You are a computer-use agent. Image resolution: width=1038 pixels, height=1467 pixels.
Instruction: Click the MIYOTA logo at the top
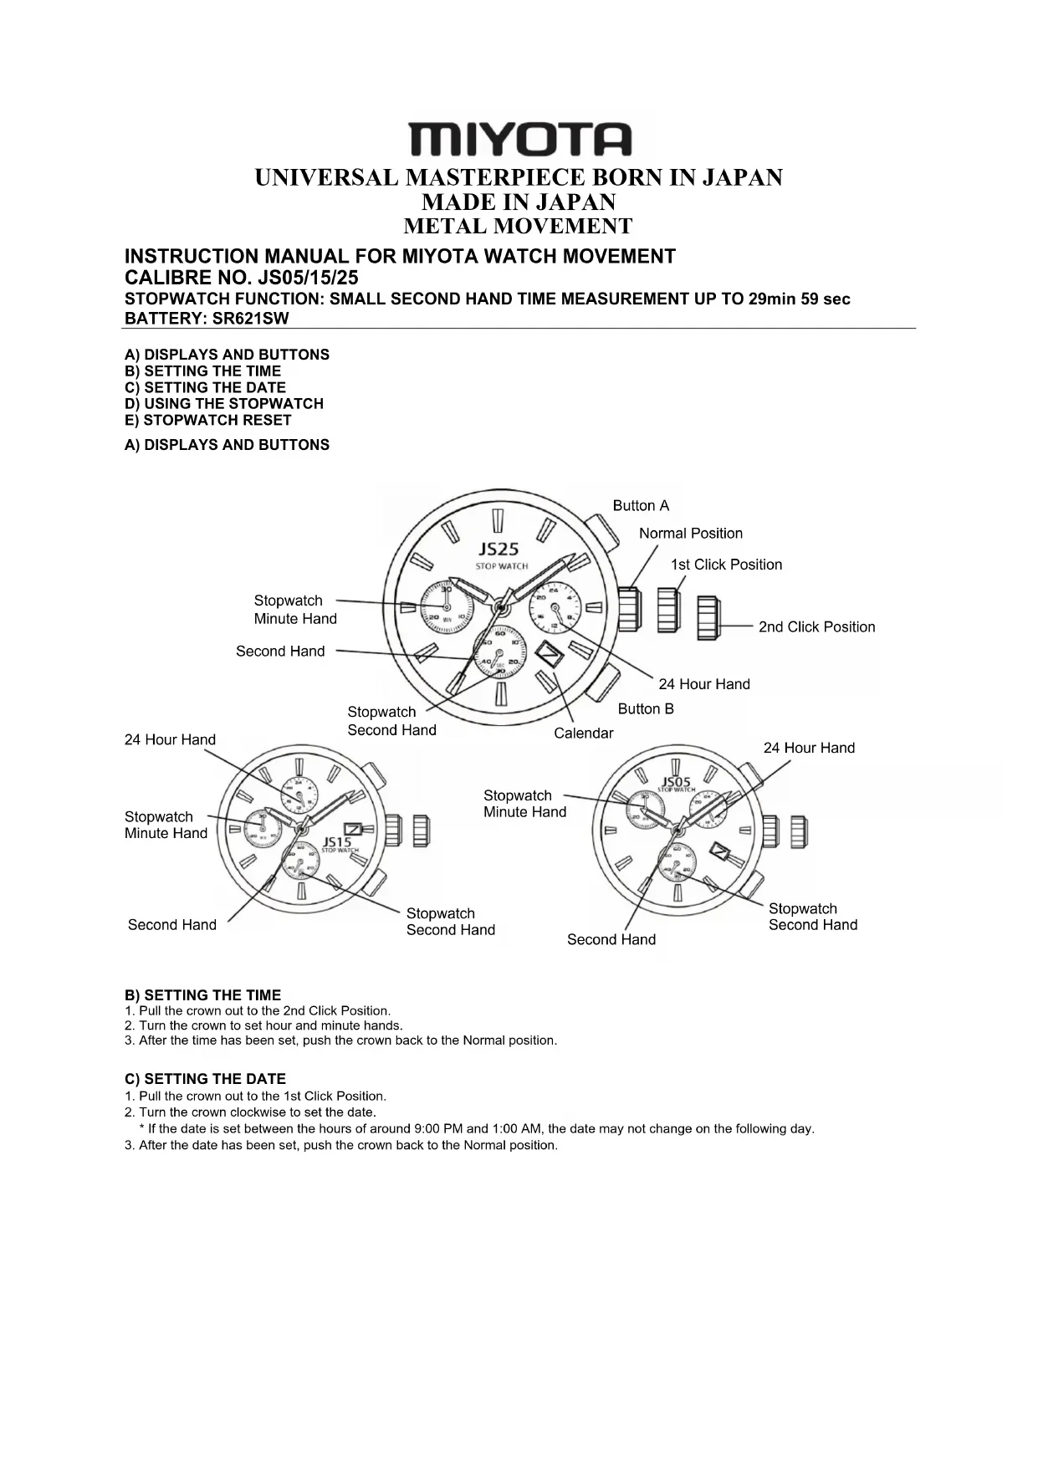(x=519, y=139)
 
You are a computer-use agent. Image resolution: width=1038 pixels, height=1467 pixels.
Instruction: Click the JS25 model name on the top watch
(x=499, y=549)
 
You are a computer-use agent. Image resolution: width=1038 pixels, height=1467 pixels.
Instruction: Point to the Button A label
(x=641, y=505)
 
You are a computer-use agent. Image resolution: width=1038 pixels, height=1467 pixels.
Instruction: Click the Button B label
(x=646, y=708)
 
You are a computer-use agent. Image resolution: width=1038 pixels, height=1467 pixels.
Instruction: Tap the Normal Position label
(x=690, y=534)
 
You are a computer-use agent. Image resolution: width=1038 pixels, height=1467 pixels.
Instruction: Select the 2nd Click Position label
(x=816, y=626)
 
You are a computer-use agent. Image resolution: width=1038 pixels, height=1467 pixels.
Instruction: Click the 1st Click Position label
(x=726, y=565)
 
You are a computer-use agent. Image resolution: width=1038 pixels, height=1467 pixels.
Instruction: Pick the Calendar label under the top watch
(x=583, y=733)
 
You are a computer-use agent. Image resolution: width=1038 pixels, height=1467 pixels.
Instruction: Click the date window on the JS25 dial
(x=550, y=654)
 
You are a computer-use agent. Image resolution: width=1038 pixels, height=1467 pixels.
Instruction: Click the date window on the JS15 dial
(x=353, y=829)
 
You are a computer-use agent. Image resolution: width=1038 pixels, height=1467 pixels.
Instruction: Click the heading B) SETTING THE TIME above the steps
(x=202, y=995)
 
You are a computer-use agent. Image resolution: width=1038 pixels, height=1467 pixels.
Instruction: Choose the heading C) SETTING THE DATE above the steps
(x=205, y=1079)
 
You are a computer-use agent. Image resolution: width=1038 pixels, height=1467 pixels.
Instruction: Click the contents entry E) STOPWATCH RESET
(x=207, y=420)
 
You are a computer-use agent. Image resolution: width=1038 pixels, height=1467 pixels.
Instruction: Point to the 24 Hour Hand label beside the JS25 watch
(x=703, y=684)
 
